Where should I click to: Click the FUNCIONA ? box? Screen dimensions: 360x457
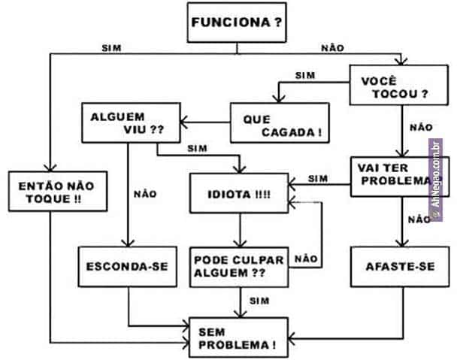point(237,22)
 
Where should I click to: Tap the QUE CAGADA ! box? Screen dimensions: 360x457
point(280,125)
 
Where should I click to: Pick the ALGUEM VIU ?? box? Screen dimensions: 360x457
point(129,123)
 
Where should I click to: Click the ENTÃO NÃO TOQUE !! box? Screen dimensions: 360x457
point(47,192)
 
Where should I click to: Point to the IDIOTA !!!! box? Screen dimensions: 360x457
point(238,194)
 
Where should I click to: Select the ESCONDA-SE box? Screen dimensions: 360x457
point(127,265)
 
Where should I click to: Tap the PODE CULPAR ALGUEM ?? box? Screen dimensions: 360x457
point(239,267)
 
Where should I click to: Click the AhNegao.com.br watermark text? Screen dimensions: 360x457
point(435,180)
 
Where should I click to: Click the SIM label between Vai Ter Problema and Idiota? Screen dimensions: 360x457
point(319,179)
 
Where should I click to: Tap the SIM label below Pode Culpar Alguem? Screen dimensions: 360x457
point(259,301)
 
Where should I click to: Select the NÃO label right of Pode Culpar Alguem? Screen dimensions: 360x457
point(306,258)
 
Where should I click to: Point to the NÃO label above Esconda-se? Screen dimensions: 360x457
point(145,193)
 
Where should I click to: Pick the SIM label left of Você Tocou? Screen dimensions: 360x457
point(304,75)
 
